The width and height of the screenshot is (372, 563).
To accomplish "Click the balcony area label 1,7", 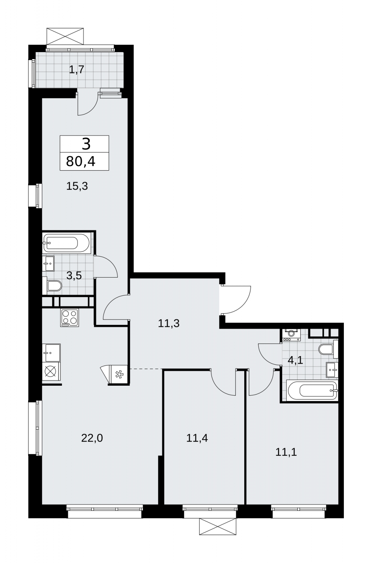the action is tap(76, 70).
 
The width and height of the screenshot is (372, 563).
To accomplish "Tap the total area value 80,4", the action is tap(81, 162).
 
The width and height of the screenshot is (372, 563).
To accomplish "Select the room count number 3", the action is tap(86, 144).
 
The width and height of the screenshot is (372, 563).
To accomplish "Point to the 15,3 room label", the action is tap(77, 186).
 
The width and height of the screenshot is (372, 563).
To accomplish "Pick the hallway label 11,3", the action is tap(169, 323).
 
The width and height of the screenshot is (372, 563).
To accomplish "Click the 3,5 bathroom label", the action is tap(74, 276).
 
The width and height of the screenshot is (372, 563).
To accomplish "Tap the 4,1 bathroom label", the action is tap(295, 360).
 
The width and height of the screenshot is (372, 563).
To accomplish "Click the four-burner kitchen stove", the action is tap(70, 318).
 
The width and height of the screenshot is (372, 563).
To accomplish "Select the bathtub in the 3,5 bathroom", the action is tap(67, 243).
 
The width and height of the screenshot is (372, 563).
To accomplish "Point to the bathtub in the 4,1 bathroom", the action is tap(312, 391).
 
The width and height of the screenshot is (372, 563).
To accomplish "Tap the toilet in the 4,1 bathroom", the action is tap(328, 349).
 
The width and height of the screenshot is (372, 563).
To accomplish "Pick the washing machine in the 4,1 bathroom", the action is tap(291, 334).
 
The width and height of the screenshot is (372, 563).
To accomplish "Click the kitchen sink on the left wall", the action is tap(51, 353).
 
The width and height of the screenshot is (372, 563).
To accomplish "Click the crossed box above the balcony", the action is tap(65, 37).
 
